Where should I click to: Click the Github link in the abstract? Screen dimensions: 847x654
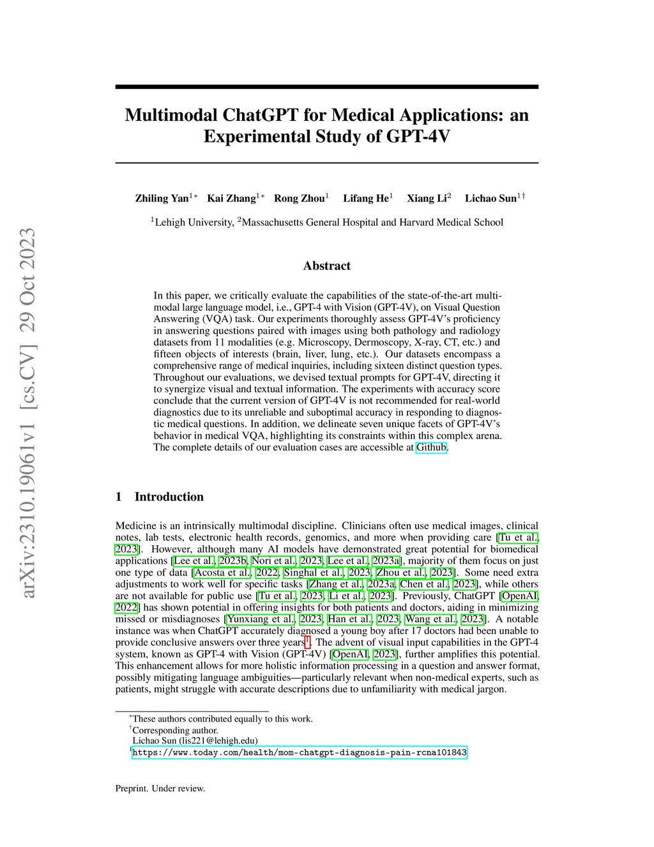[431, 447]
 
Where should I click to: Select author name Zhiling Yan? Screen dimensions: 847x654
[162, 198]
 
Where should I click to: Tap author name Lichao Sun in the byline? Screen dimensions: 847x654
[490, 198]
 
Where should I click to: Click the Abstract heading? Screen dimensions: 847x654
[327, 266]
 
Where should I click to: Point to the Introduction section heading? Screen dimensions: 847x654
[169, 497]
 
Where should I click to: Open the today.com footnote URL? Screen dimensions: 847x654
[300, 752]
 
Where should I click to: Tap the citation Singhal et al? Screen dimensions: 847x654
[313, 573]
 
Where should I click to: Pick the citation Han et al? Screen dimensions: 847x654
[349, 619]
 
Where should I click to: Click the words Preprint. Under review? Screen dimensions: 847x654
[160, 788]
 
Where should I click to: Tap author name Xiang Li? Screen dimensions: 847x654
[427, 198]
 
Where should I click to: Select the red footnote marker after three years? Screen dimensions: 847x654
[308, 641]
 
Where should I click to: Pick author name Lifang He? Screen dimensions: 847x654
[365, 198]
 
